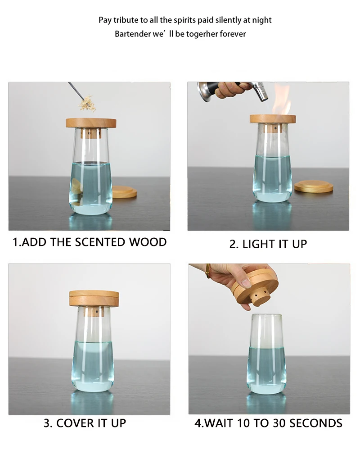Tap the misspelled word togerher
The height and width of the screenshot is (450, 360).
click(201, 34)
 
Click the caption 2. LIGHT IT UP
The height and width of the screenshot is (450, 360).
click(268, 244)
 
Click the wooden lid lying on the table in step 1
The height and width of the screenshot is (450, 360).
click(123, 192)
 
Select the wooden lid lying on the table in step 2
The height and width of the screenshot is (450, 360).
click(314, 186)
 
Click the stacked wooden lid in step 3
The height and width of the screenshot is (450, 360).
click(94, 298)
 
